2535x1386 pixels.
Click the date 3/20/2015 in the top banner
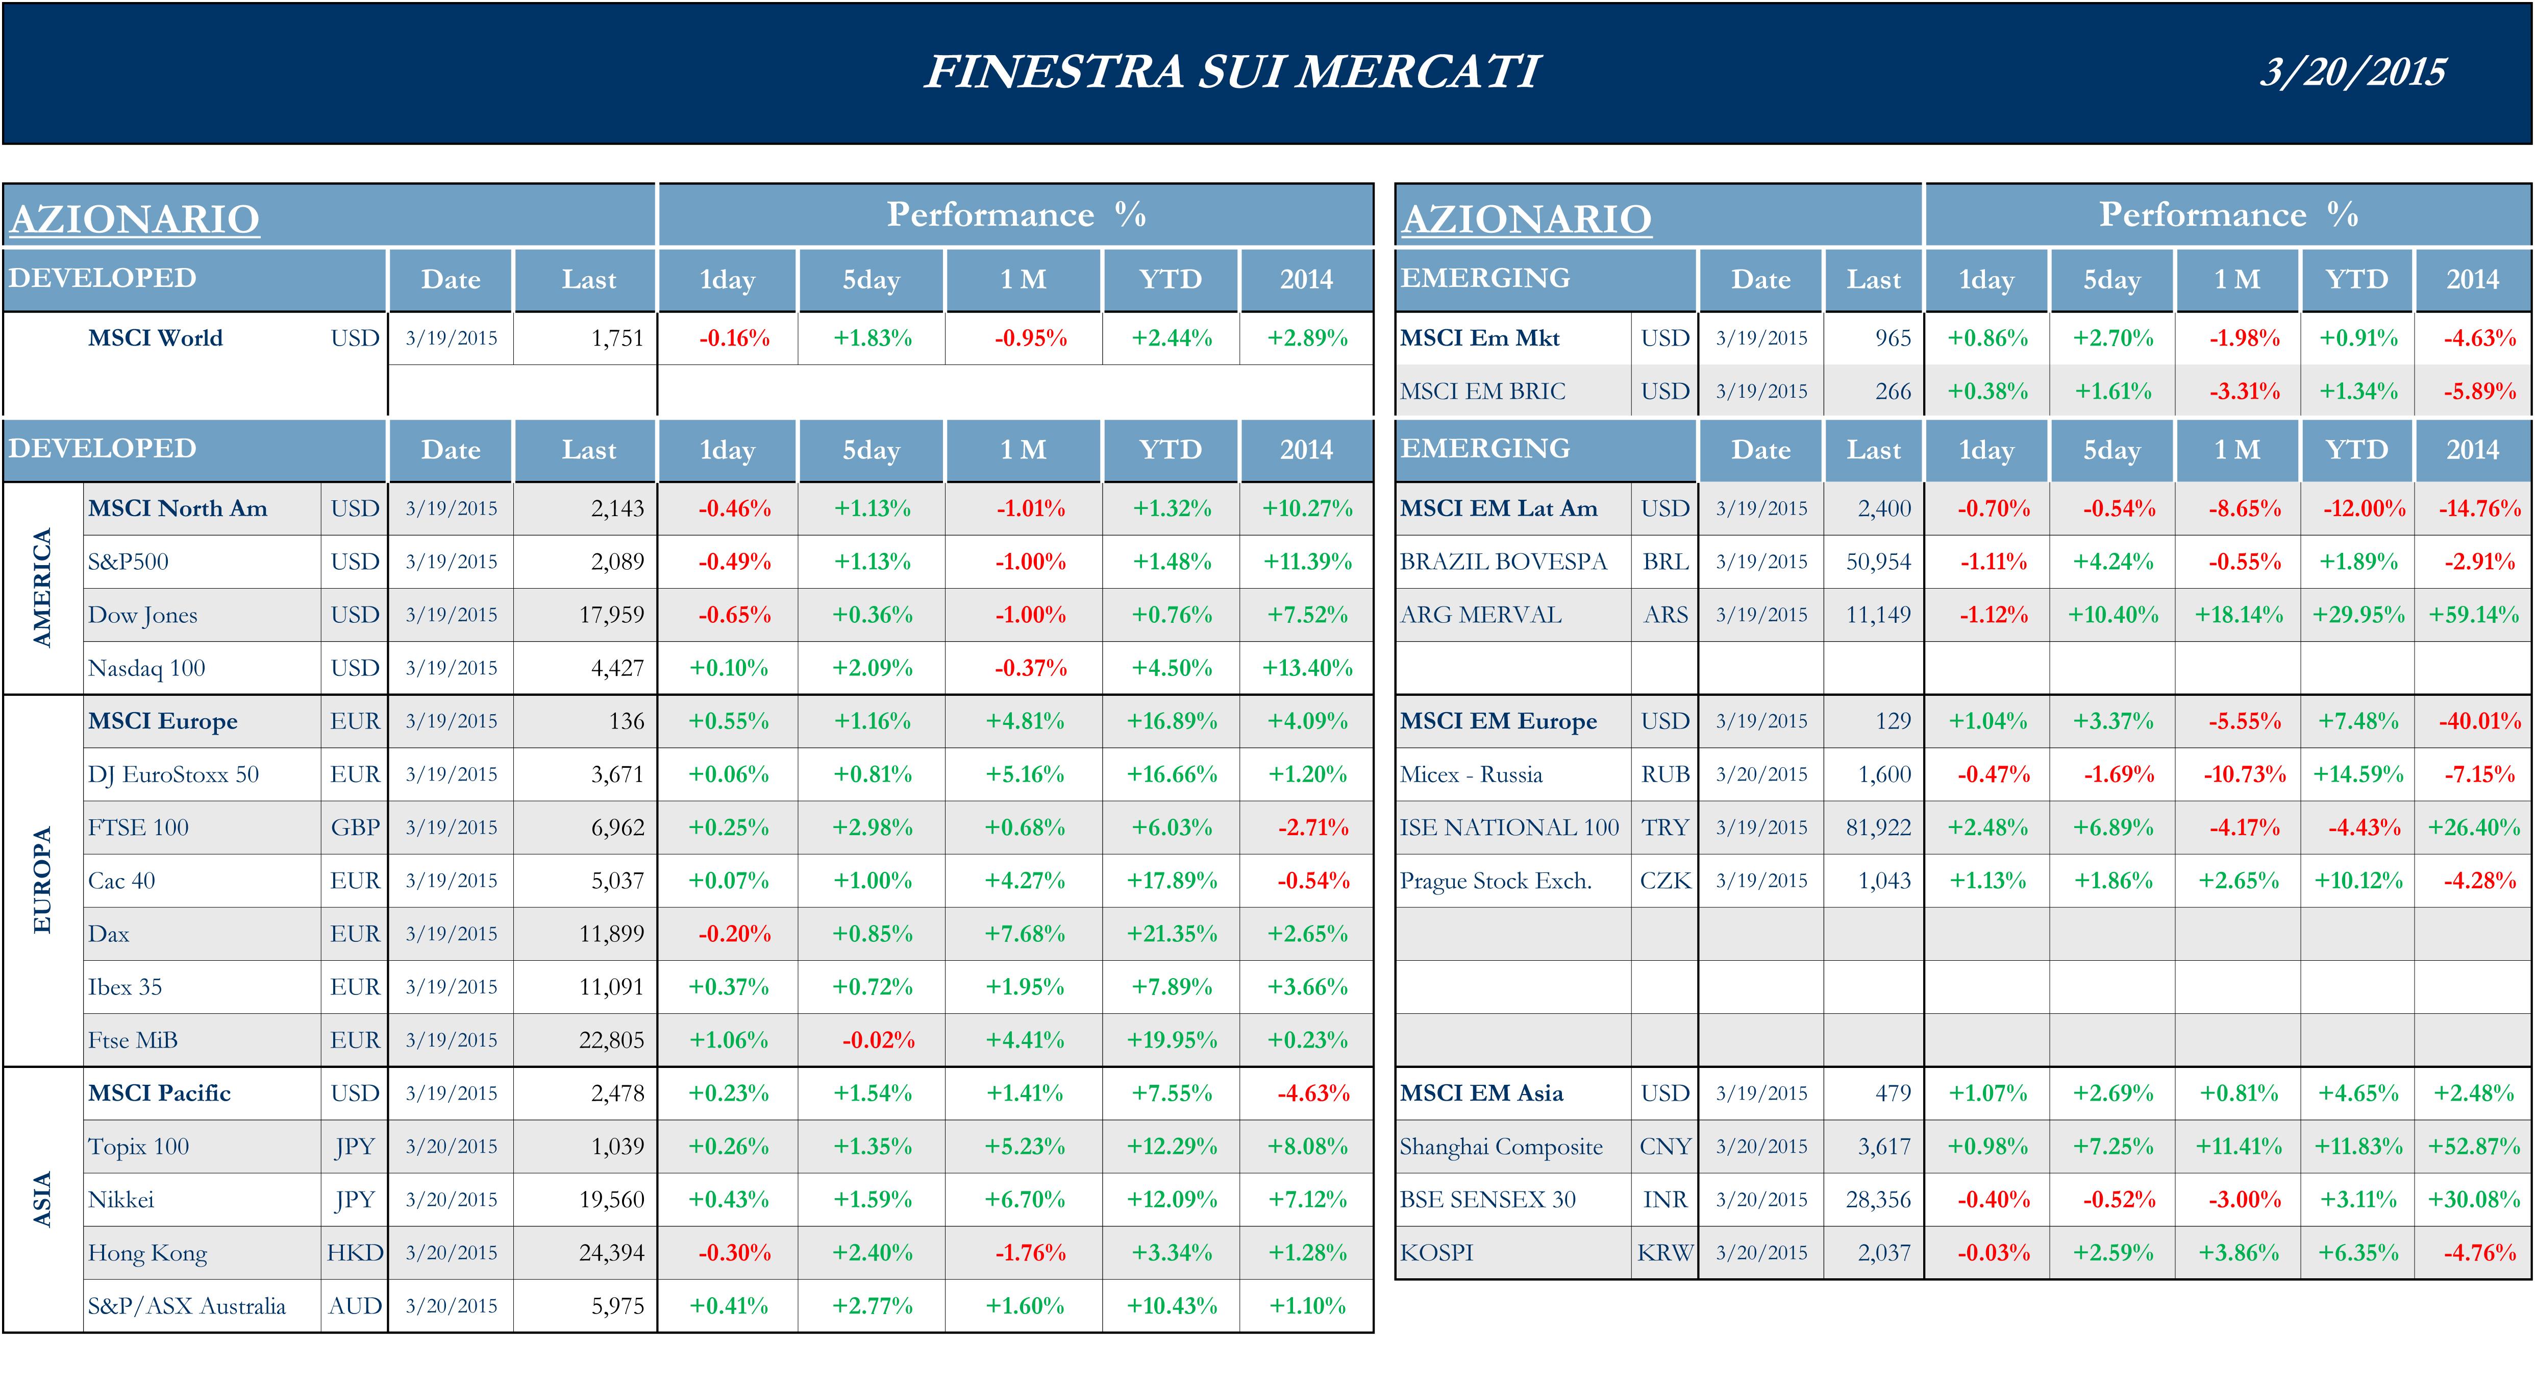click(x=2352, y=72)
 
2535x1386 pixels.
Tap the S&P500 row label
click(x=128, y=562)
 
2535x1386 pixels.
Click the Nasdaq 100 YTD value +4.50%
click(x=1171, y=668)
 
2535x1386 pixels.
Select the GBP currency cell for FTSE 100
click(x=354, y=828)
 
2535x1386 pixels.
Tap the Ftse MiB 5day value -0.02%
click(x=878, y=1040)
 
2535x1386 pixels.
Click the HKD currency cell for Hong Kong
click(x=354, y=1253)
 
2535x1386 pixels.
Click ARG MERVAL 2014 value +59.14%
click(x=2473, y=615)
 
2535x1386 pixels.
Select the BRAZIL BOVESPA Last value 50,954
click(x=1878, y=562)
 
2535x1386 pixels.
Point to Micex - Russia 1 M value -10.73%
click(x=2244, y=775)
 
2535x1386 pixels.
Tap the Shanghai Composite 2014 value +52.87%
click(x=2473, y=1147)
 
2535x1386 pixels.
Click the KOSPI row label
click(x=1437, y=1253)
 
